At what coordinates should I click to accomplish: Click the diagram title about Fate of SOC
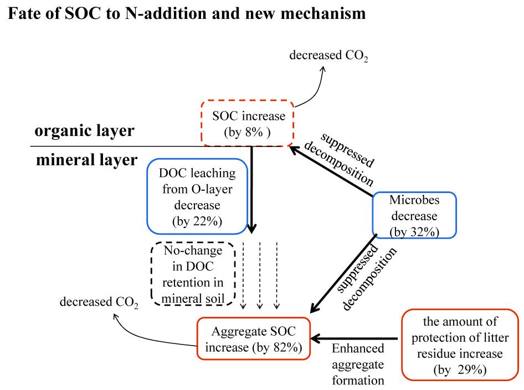pyautogui.click(x=187, y=14)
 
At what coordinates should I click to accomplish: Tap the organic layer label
pyautogui.click(x=84, y=132)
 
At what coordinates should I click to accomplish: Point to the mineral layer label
pyautogui.click(x=86, y=160)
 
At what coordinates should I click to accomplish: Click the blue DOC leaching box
pyautogui.click(x=197, y=197)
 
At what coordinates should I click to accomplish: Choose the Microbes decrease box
pyautogui.click(x=414, y=215)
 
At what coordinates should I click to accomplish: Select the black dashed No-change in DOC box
pyautogui.click(x=193, y=275)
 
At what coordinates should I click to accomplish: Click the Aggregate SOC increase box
pyautogui.click(x=253, y=340)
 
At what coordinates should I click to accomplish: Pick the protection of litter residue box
pyautogui.click(x=461, y=346)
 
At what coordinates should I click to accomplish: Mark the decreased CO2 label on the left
pyautogui.click(x=99, y=303)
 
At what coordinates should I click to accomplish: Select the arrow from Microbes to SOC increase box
pyautogui.click(x=332, y=173)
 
